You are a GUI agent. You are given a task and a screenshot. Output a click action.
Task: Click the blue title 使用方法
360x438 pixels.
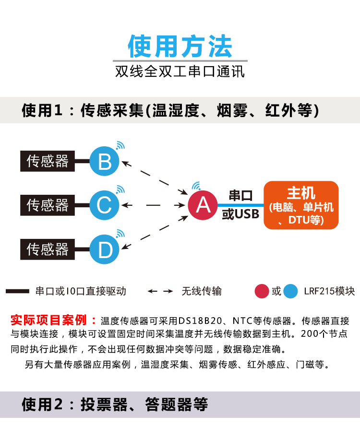click(x=180, y=47)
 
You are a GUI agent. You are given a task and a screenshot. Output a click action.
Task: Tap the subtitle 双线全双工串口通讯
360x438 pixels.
click(x=180, y=72)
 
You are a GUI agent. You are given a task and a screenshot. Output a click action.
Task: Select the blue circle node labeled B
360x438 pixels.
click(x=105, y=161)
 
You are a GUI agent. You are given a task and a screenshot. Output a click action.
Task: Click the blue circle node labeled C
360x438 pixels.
click(x=105, y=205)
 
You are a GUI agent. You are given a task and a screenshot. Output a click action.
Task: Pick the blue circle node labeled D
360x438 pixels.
click(x=105, y=249)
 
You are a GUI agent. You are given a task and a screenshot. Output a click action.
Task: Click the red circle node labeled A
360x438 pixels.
click(x=203, y=205)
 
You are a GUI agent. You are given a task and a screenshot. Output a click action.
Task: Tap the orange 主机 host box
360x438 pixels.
click(x=301, y=205)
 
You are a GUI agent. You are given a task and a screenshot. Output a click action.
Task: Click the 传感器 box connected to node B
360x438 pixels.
click(x=48, y=161)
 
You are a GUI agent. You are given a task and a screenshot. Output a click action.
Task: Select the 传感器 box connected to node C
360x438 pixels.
click(x=48, y=205)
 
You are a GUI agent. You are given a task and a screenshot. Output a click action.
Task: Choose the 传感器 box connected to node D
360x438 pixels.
click(x=48, y=249)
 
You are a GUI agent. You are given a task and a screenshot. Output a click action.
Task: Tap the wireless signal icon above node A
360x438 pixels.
click(x=196, y=186)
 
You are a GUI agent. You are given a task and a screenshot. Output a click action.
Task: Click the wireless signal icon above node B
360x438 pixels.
click(x=120, y=145)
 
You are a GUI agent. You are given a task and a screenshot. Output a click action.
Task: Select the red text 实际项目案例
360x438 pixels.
click(x=48, y=320)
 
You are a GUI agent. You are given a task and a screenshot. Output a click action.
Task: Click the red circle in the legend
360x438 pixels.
click(x=262, y=291)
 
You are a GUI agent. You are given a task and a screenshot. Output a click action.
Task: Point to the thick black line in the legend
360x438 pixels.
click(x=17, y=291)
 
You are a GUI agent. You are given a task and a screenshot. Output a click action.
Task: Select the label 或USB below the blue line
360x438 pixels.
click(x=240, y=214)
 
